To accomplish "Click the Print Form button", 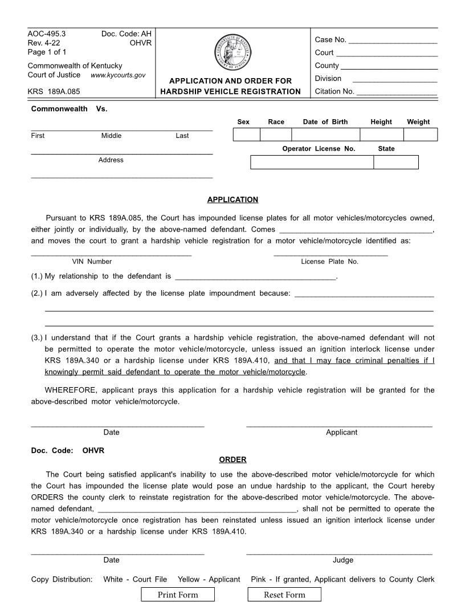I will (178, 595).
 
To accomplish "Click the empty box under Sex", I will (246, 135).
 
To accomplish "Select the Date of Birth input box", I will (325, 135).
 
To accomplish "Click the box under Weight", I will (420, 135).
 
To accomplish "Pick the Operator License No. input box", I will (312, 162).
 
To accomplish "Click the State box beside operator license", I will (395, 162).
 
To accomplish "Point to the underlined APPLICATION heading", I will (232, 200).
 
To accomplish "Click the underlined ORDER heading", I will (232, 459).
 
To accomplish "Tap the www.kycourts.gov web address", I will (118, 75).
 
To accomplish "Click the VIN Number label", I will (92, 262).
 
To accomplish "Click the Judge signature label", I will (342, 560).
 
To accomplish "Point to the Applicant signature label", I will (341, 432).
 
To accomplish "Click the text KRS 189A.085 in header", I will (54, 91).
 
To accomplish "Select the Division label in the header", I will (328, 79).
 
